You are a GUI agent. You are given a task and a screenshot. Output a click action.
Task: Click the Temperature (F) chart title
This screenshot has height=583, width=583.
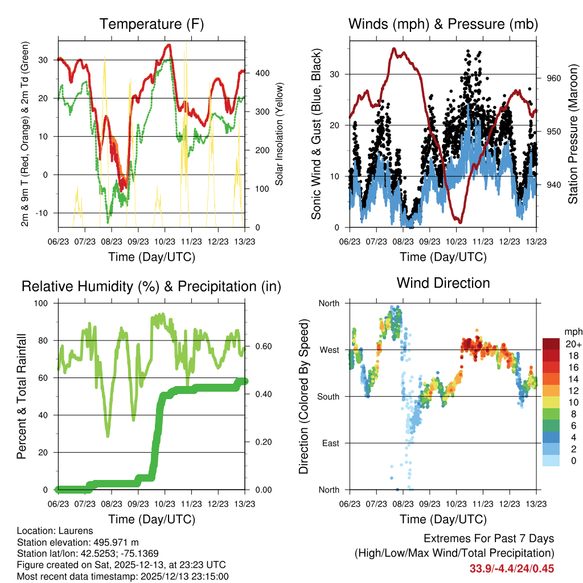[151, 24]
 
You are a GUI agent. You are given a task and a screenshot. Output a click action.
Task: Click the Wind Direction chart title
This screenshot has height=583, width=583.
[443, 283]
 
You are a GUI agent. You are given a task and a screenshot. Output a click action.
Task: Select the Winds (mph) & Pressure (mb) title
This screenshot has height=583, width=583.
[443, 24]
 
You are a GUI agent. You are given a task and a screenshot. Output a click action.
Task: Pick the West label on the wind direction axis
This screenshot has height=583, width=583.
[330, 350]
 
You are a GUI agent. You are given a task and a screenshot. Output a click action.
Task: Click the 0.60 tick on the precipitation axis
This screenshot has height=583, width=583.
[257, 346]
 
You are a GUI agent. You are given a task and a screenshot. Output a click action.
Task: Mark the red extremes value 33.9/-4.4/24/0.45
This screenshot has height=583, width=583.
[512, 568]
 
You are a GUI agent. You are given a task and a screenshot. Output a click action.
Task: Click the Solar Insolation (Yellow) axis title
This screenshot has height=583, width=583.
[280, 134]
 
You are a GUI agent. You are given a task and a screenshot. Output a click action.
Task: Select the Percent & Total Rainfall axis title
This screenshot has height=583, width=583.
[21, 396]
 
